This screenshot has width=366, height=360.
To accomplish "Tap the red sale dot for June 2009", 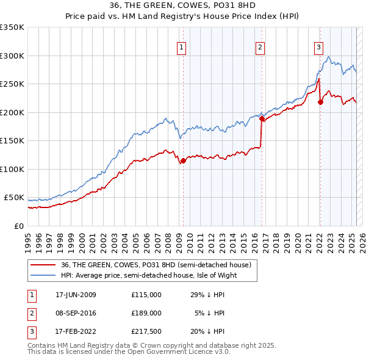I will (182, 161).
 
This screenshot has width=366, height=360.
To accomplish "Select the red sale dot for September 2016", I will (262, 119).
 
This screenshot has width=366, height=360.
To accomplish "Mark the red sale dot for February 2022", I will (320, 102).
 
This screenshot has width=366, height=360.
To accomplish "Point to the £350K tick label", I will (12, 27).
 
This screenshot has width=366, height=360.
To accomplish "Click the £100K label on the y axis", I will (12, 169).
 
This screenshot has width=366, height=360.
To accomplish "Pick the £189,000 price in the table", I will (146, 313).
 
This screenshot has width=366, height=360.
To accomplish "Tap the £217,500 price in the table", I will (146, 331).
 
